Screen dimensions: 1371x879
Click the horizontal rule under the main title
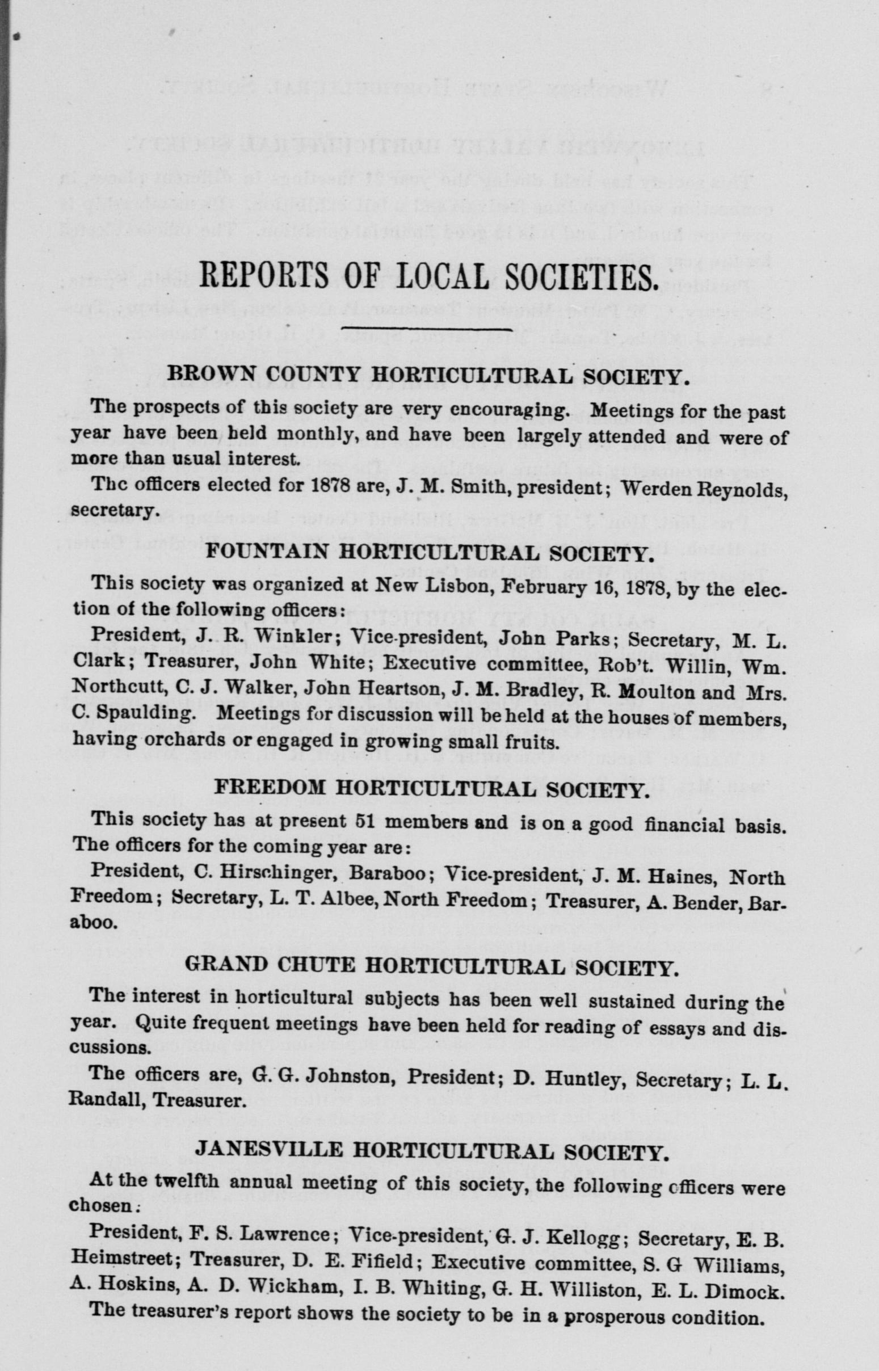tap(426, 329)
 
